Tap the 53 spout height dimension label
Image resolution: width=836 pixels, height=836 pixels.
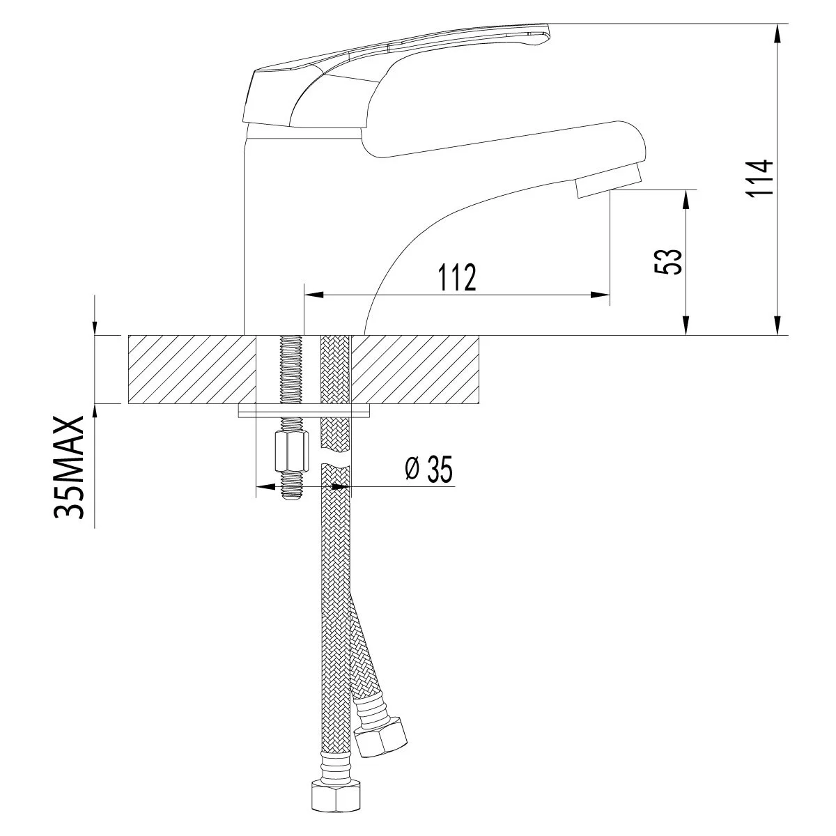tap(668, 261)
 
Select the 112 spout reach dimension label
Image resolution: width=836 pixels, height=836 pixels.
tap(457, 277)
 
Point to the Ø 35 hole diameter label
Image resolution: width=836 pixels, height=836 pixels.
tap(428, 470)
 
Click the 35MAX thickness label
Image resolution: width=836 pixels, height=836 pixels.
tap(68, 467)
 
